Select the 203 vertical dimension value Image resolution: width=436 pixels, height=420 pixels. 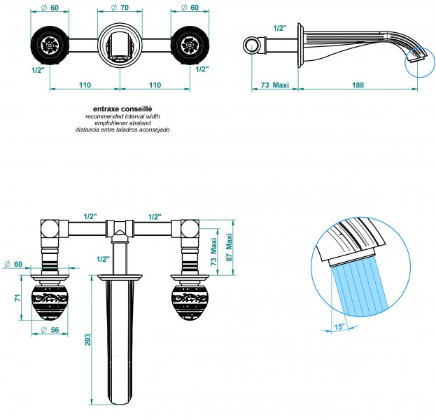pyautogui.click(x=87, y=340)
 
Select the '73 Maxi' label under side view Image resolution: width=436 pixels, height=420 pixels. pyautogui.click(x=275, y=85)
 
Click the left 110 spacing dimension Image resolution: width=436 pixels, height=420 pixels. pyautogui.click(x=85, y=85)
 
